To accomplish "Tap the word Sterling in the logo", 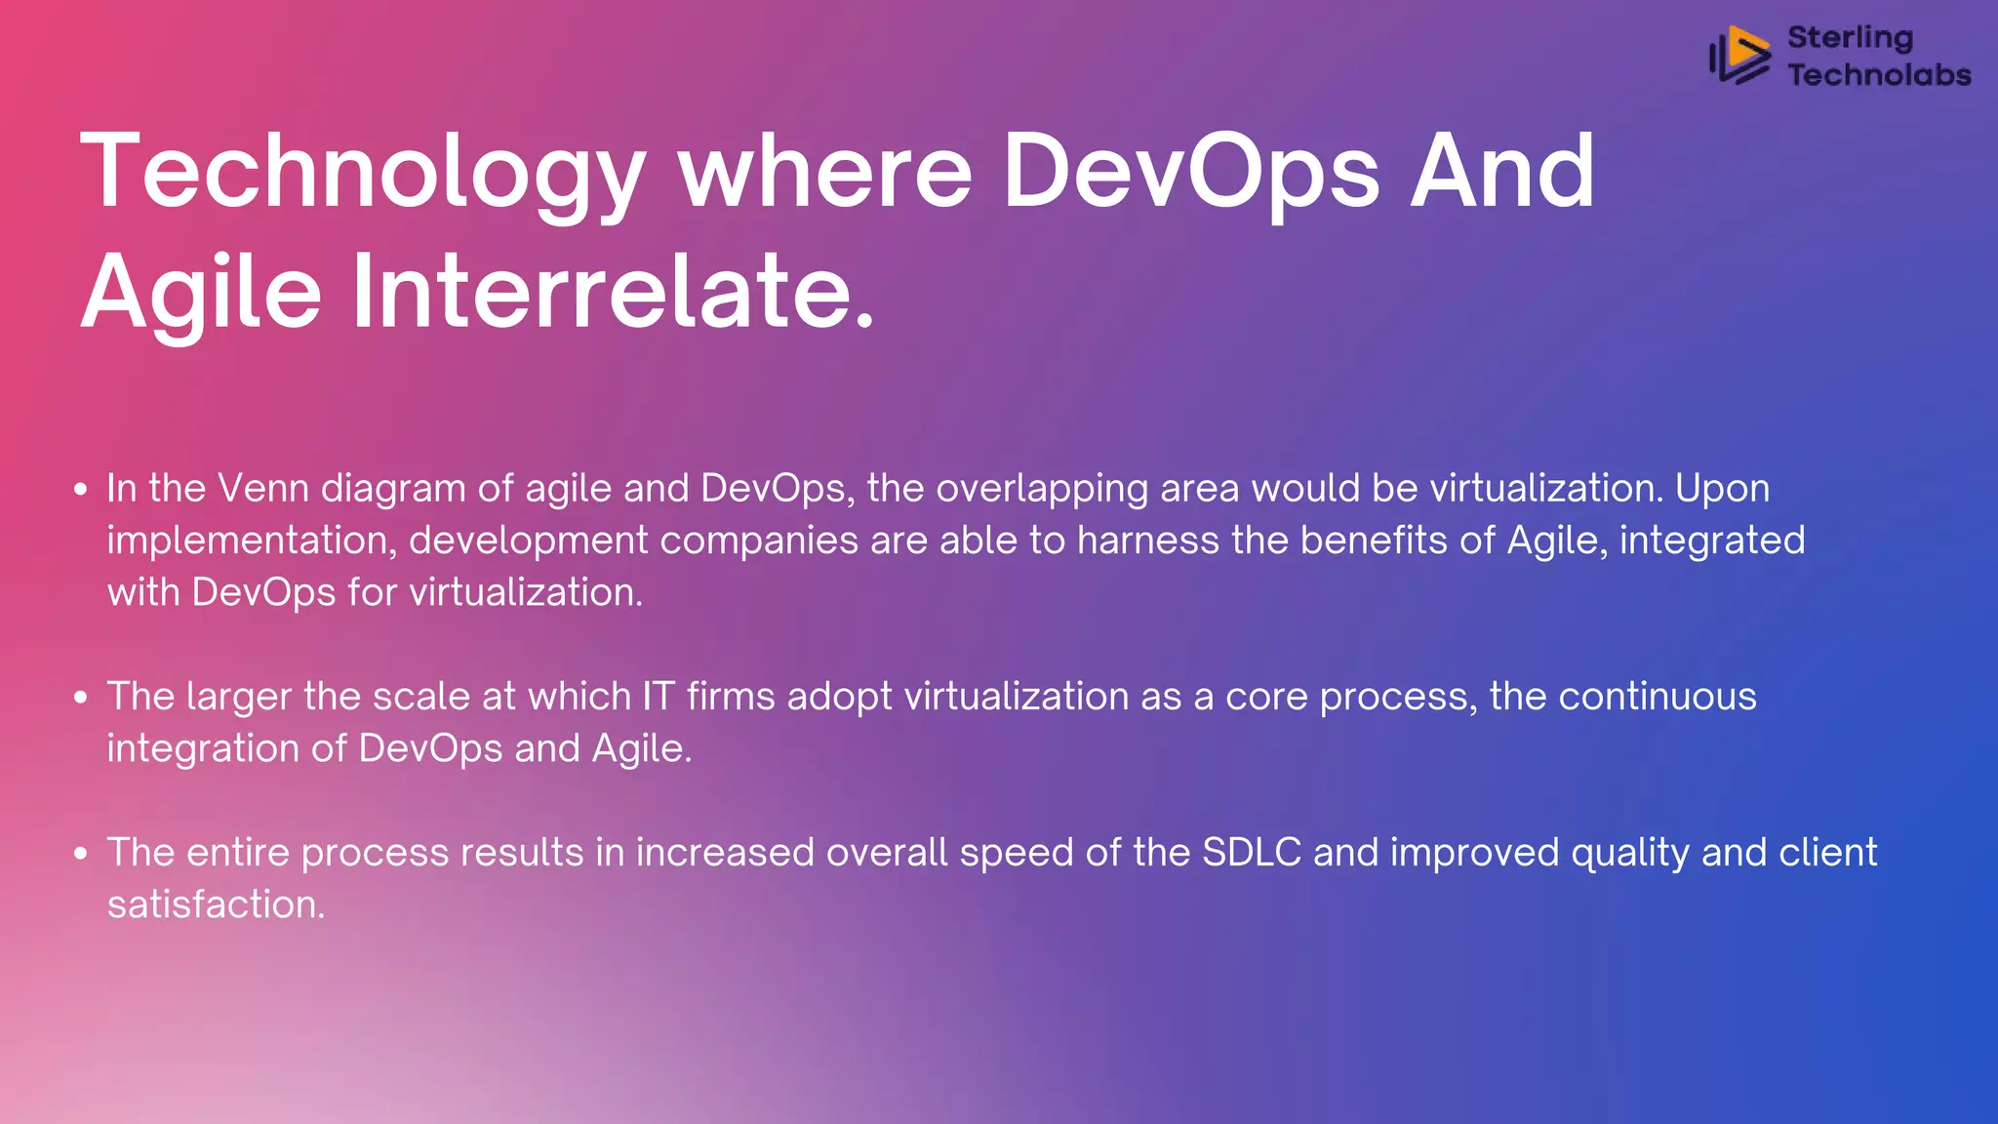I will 1850,38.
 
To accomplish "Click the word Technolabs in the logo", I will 1879,75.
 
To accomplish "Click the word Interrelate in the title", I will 613,292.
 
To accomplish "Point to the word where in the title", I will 825,173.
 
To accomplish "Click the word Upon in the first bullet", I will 1722,488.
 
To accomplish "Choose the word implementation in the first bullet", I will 252,541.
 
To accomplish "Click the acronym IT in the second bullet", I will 659,697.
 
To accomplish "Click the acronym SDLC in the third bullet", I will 1252,853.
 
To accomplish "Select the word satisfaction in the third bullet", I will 216,904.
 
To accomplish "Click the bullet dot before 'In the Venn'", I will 81,489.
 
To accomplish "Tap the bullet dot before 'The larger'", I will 81,697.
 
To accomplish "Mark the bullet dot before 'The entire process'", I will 81,853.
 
